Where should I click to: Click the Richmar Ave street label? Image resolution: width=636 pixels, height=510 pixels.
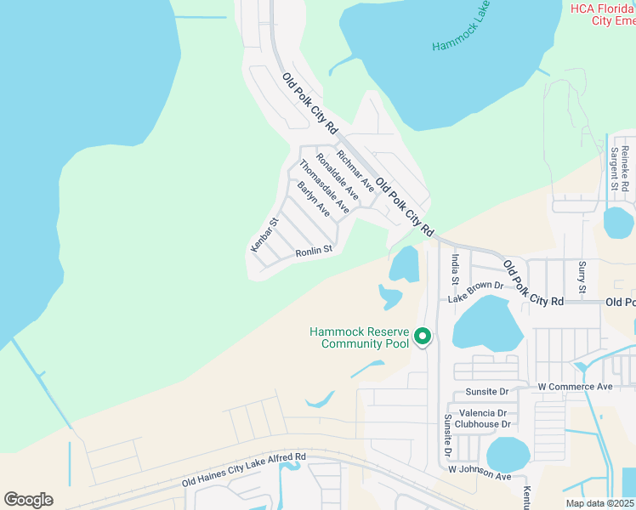click(355, 170)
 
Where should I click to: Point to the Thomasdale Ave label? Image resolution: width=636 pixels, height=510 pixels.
click(324, 187)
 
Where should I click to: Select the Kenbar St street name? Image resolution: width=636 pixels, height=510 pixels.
click(265, 235)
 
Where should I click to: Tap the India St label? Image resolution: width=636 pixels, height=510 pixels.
click(456, 268)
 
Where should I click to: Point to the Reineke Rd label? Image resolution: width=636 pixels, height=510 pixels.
click(625, 167)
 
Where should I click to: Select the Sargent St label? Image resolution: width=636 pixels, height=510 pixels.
click(613, 167)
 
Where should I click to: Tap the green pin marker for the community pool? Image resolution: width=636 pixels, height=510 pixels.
click(423, 337)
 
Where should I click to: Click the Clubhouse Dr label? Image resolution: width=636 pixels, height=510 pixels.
click(482, 424)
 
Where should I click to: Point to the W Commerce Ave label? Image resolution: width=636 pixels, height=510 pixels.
click(575, 387)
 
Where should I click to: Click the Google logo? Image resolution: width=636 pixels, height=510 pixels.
click(28, 500)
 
